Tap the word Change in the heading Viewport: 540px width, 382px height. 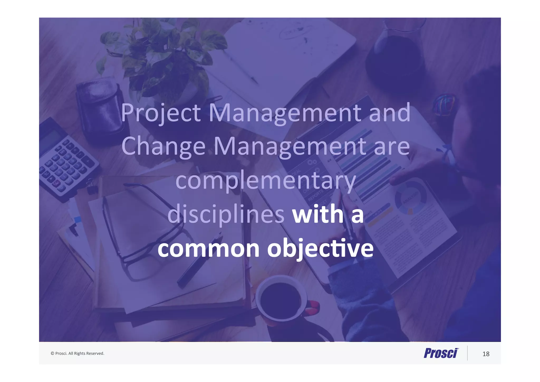(x=163, y=147)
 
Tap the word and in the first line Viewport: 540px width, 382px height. (x=389, y=113)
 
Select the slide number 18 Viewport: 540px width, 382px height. (x=486, y=354)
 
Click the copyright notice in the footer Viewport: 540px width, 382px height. (x=78, y=353)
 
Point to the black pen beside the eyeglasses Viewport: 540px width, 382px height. (x=198, y=261)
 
